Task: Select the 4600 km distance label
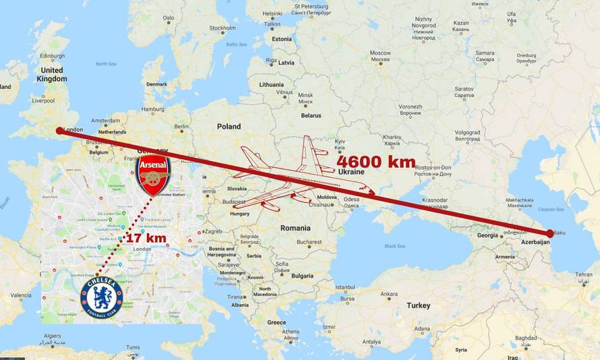coord(376,161)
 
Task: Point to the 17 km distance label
coord(146,237)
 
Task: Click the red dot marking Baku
coord(550,233)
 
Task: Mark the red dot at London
coord(59,130)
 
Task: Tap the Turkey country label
coord(418,305)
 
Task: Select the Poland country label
coord(229,126)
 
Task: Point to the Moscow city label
coord(380,53)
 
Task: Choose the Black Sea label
coord(394,246)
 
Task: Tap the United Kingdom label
coord(52,74)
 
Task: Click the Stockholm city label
coord(222,28)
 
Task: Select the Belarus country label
coord(311,115)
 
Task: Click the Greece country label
coord(276,322)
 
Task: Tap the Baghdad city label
coord(526,338)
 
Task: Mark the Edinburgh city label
coord(52,56)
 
